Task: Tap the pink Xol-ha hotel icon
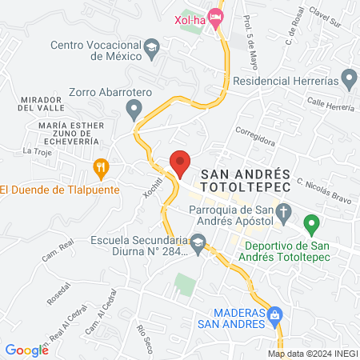pyautogui.click(x=215, y=16)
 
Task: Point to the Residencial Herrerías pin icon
pyautogui.click(x=348, y=79)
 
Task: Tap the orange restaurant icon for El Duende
pyautogui.click(x=100, y=167)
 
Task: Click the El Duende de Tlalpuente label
pyautogui.click(x=59, y=190)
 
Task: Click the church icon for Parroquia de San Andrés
pyautogui.click(x=283, y=212)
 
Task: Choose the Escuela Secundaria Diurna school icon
pyautogui.click(x=198, y=240)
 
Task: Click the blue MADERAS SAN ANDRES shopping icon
pyautogui.click(x=274, y=314)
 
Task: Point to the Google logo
pyautogui.click(x=26, y=350)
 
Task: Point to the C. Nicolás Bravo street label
pyautogui.click(x=325, y=186)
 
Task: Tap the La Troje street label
pyautogui.click(x=37, y=151)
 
